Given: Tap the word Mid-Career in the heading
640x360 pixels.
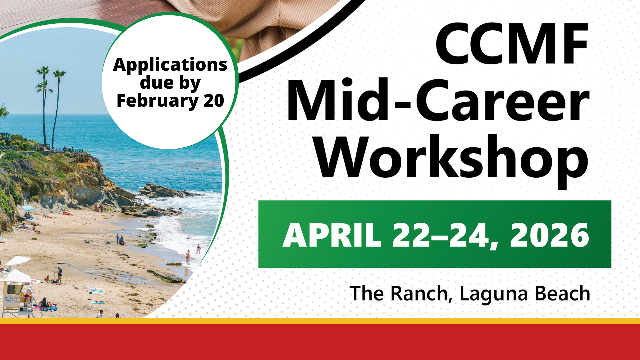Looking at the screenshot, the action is pyautogui.click(x=438, y=100).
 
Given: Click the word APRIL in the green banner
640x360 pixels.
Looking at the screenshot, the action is pyautogui.click(x=332, y=235).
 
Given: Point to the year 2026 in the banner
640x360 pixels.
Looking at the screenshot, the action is pyautogui.click(x=549, y=235).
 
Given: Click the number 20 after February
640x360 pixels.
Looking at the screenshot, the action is pyautogui.click(x=214, y=101).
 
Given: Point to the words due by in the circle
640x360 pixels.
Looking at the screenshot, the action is pyautogui.click(x=170, y=83).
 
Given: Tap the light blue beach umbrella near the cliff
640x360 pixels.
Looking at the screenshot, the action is pyautogui.click(x=28, y=208).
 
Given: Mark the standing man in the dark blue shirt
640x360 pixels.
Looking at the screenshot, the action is pyautogui.click(x=59, y=275).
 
